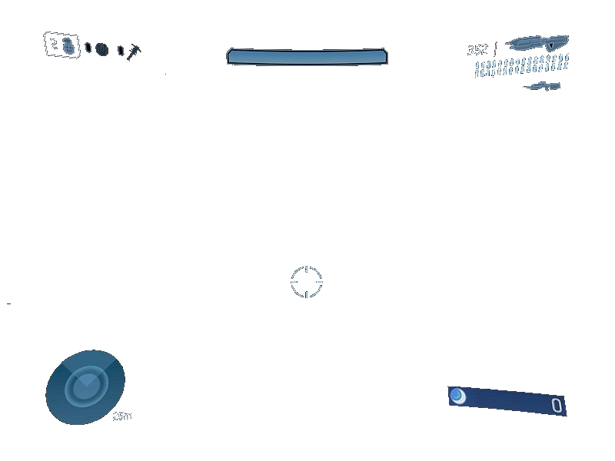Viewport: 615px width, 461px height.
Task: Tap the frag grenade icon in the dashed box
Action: point(69,45)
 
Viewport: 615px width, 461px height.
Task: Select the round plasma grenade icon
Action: point(101,48)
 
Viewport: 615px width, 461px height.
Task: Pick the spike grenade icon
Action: point(134,52)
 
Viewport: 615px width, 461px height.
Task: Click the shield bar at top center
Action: point(307,57)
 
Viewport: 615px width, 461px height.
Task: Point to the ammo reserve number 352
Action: point(477,50)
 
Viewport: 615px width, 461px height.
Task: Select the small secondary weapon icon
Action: point(543,86)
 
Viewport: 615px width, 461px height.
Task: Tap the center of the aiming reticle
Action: point(307,282)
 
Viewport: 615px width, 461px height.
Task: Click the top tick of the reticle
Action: point(307,270)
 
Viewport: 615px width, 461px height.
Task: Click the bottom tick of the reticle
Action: point(307,294)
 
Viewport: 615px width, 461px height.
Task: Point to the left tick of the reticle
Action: point(294,282)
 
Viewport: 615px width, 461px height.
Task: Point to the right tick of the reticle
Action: point(320,282)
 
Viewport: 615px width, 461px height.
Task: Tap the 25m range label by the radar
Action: point(122,416)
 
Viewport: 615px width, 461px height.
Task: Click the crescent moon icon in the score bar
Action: point(457,396)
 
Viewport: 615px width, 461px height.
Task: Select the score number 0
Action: point(557,406)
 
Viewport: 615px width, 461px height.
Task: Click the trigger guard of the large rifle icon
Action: point(552,46)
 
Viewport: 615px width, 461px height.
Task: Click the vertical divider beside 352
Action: point(495,48)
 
